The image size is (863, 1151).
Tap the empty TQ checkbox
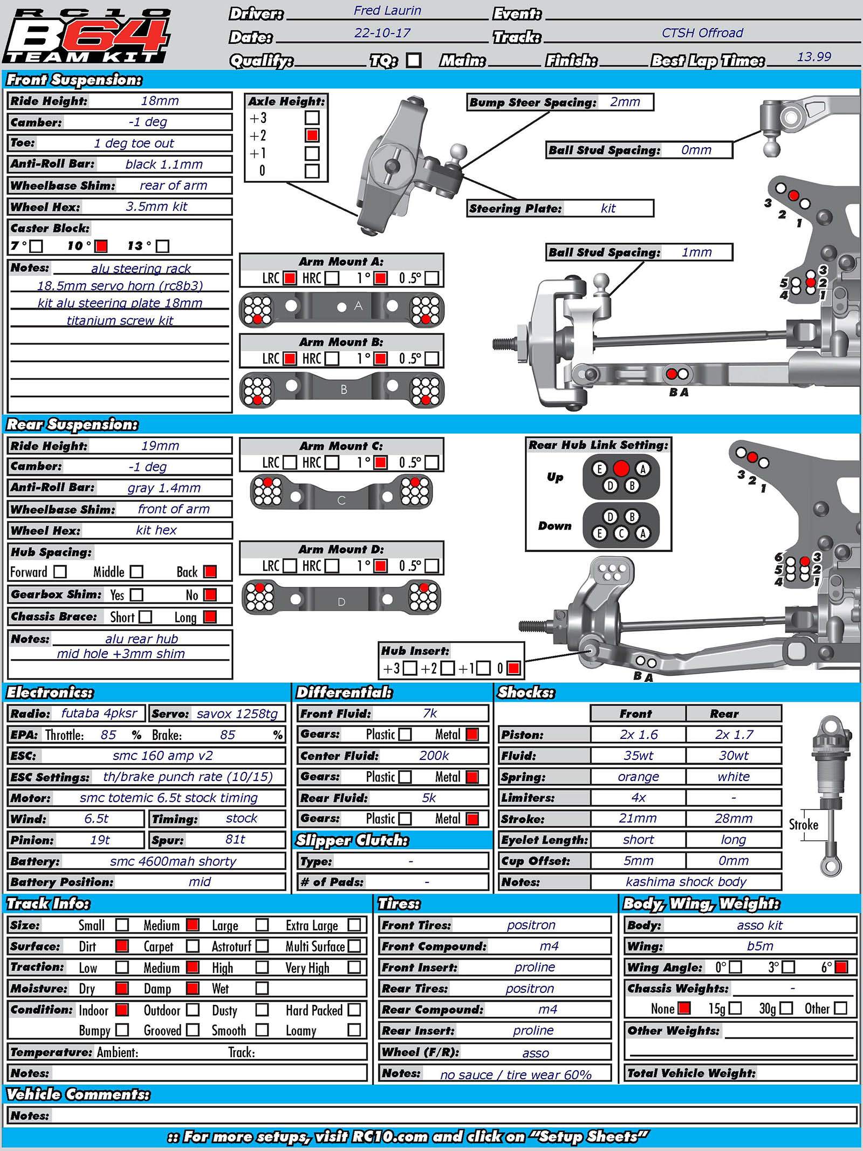414,60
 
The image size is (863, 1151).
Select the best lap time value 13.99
814,57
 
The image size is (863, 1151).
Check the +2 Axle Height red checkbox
312,135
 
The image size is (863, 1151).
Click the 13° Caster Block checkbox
162,246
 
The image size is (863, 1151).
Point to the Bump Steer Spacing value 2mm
625,102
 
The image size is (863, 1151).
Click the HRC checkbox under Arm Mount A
332,278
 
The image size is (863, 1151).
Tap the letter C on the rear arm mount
341,500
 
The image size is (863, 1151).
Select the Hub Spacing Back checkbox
210,572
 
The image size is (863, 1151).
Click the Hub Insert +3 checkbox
410,668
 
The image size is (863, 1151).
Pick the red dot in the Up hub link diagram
621,468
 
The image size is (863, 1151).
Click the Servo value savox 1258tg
237,714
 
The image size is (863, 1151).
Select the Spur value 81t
235,839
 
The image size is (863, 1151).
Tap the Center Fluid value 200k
434,756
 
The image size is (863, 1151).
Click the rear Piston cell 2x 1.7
734,735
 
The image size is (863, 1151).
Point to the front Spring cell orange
638,777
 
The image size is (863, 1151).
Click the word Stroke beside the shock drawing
803,825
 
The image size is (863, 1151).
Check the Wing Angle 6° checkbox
840,967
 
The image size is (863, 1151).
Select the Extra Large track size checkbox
354,925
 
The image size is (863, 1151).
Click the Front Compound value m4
549,946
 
